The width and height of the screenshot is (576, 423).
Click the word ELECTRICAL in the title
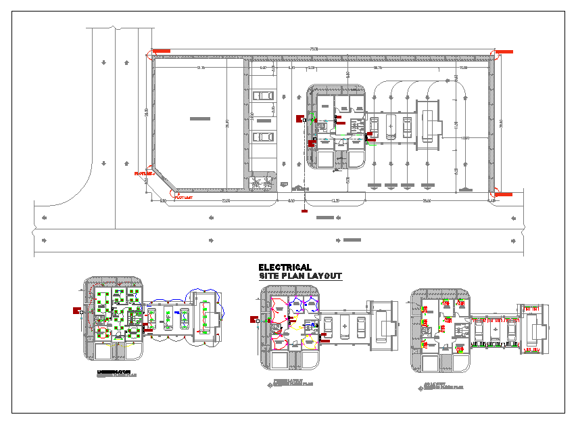(x=285, y=268)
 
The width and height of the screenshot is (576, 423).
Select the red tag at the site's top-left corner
(x=162, y=51)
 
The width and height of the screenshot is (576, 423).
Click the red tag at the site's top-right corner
(x=504, y=51)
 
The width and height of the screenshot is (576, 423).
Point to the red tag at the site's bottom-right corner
(x=504, y=195)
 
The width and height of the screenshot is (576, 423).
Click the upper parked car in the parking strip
(x=264, y=95)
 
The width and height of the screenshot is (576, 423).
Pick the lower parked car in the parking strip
(x=264, y=137)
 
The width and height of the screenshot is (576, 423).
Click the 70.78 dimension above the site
(x=313, y=49)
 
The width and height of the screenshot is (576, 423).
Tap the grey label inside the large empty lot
(x=199, y=119)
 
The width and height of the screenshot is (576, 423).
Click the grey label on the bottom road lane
(x=352, y=240)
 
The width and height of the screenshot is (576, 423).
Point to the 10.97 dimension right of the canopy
(x=465, y=139)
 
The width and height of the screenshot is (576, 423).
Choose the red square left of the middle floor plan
(x=254, y=319)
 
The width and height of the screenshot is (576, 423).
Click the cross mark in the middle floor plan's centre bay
(x=345, y=326)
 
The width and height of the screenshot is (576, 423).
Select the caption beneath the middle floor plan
(x=293, y=383)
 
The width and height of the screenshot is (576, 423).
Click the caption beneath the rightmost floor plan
(x=443, y=387)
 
